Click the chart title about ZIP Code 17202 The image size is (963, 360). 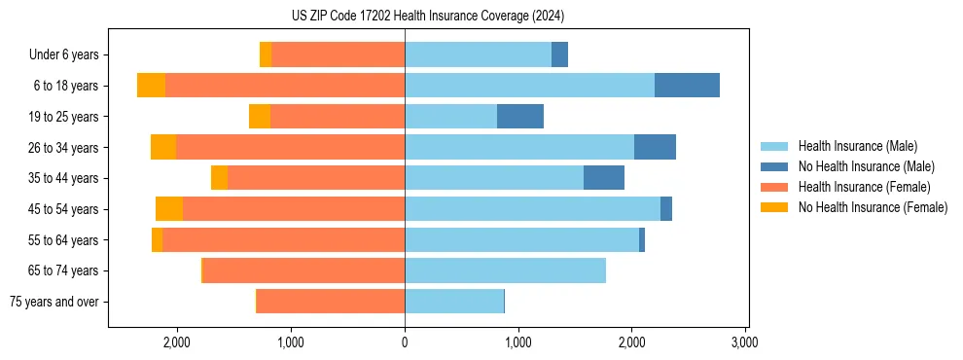(x=427, y=16)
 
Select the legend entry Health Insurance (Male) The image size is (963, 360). (x=857, y=146)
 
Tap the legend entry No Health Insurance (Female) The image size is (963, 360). (x=873, y=207)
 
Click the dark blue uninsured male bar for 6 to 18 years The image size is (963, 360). (x=687, y=86)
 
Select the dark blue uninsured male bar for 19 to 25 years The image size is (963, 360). (x=520, y=117)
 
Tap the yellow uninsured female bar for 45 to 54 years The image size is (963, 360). (x=169, y=209)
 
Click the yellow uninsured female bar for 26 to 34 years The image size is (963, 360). (x=163, y=147)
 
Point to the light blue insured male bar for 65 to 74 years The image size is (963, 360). (x=505, y=270)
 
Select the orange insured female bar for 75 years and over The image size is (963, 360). (x=331, y=302)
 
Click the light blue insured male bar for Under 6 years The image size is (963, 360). (x=478, y=54)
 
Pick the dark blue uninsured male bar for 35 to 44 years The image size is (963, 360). (x=604, y=178)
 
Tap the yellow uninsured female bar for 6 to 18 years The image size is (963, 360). (x=151, y=86)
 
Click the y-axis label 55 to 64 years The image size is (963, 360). (x=63, y=240)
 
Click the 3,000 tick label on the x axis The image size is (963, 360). (x=745, y=342)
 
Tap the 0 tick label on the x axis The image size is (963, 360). (x=405, y=342)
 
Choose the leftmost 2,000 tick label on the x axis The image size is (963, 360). (x=177, y=342)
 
